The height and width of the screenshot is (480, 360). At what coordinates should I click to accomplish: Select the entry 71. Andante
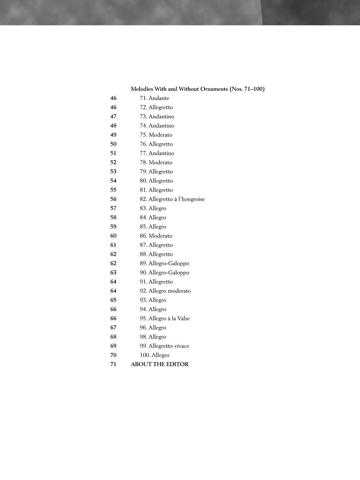pos(154,98)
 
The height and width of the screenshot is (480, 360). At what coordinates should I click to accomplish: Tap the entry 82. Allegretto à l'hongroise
pos(172,199)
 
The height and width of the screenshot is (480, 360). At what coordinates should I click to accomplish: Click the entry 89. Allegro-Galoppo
pos(164,263)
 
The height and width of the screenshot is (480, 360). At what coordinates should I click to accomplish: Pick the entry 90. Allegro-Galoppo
pos(164,272)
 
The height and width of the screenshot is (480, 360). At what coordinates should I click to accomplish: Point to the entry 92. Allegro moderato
pos(165,291)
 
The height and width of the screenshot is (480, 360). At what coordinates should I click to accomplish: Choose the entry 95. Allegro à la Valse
pos(165,318)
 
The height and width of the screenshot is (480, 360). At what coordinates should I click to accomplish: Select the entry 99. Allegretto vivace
pos(164,346)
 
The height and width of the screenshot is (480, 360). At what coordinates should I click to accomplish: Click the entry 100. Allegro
pos(154,355)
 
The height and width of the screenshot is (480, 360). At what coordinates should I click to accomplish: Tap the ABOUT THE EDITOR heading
pos(160,364)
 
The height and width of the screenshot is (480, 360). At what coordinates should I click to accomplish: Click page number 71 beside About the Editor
pos(113,364)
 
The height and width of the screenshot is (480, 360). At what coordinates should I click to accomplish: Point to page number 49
pos(113,135)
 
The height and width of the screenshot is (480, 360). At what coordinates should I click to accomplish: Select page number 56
pos(113,199)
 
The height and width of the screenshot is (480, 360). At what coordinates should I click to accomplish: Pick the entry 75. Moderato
pos(156,135)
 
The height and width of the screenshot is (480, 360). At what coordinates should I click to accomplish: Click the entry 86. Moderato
pos(156,236)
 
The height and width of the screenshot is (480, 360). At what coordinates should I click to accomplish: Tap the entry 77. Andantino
pos(157,153)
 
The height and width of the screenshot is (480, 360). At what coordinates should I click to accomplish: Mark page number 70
pos(113,355)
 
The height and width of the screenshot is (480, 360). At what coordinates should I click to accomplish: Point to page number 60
pos(113,236)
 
